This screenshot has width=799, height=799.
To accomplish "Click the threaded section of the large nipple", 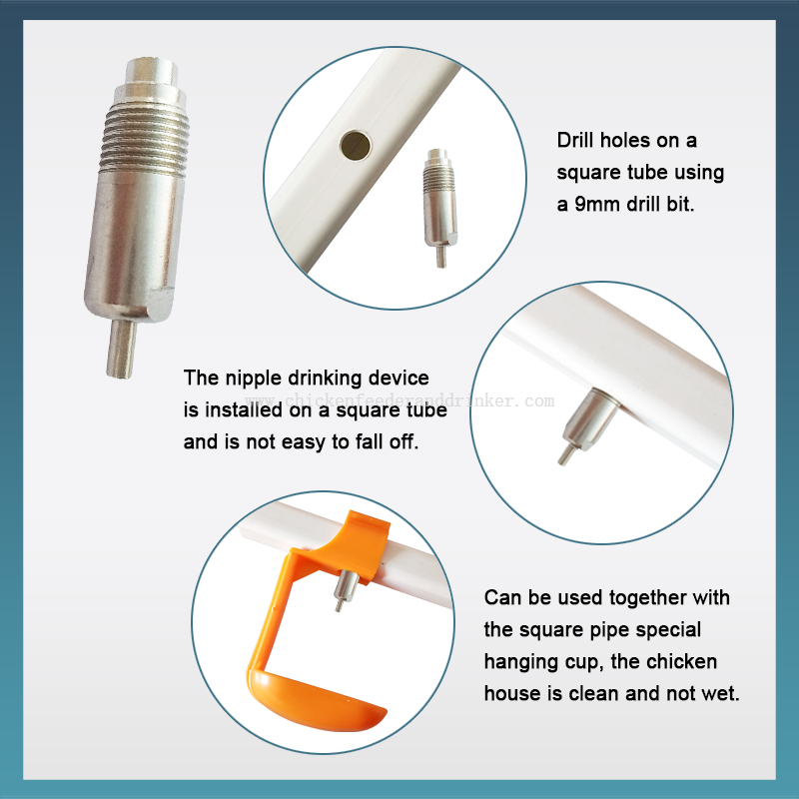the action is pos(145,139).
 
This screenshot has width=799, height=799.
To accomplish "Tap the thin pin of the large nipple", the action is pos(121,349).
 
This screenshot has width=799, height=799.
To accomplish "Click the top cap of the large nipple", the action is pos(152,71).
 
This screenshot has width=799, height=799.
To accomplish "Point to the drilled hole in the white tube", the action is pos(356,145).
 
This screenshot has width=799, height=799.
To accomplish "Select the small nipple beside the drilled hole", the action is pos(439,208).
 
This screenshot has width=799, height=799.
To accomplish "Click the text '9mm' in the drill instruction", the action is pos(597,204).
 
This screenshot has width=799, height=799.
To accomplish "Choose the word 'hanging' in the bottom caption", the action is pos(521,662).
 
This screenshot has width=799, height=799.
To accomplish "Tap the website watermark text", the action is pos(400,401).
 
